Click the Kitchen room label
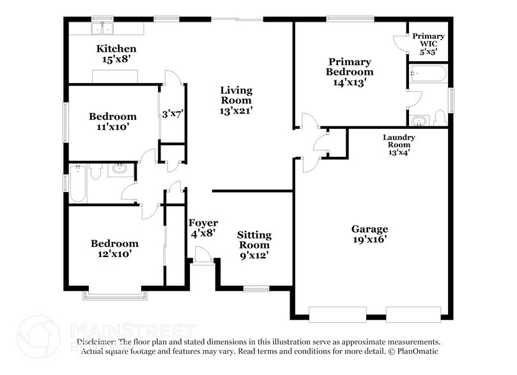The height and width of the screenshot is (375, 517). click(116, 54)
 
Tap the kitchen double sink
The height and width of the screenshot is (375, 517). click(102, 29)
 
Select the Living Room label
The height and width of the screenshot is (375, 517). click(236, 100)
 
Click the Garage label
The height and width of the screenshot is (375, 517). click(369, 234)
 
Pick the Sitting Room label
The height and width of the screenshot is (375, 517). click(254, 245)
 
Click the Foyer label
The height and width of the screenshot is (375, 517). click(203, 228)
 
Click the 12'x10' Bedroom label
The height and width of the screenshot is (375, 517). click(114, 249)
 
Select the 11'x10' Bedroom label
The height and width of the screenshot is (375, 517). click(112, 121)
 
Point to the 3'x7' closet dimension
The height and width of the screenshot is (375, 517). click(172, 114)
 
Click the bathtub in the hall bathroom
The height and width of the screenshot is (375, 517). click(77, 184)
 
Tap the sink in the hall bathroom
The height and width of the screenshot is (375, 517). click(119, 170)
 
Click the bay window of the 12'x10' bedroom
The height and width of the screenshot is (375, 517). click(115, 296)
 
